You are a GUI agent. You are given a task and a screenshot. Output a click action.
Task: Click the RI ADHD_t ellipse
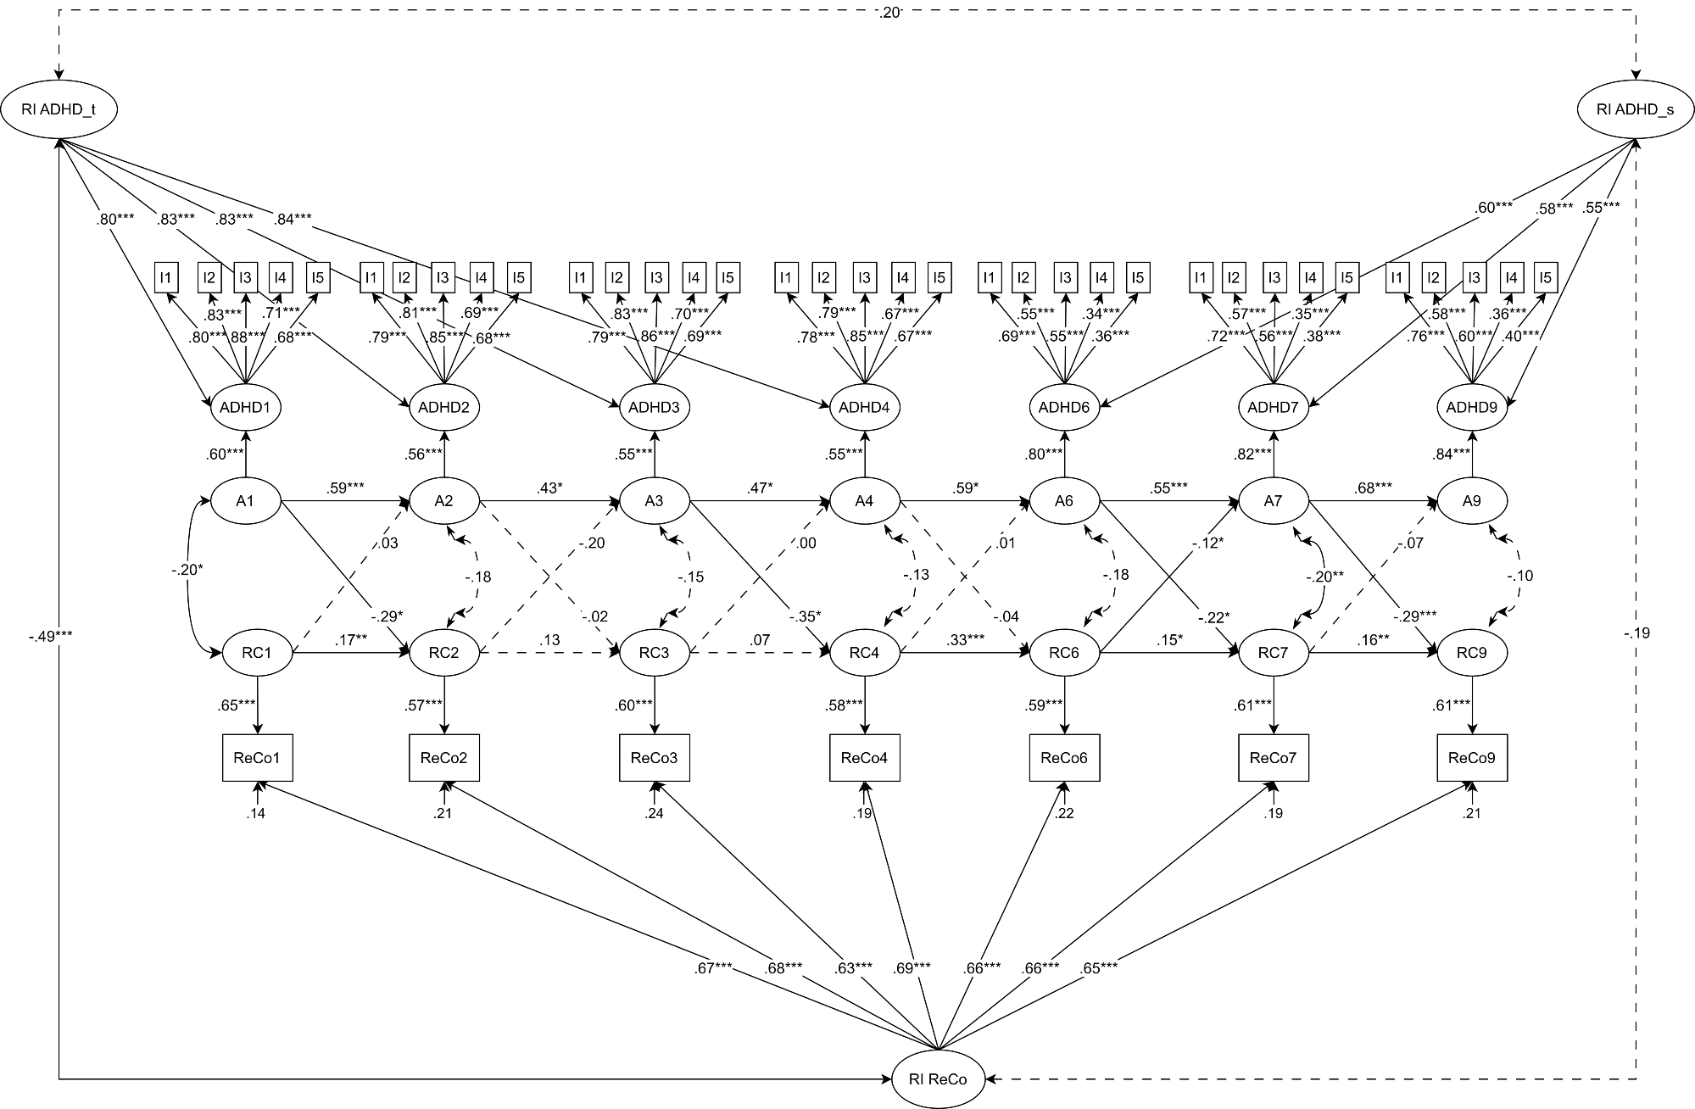[59, 109]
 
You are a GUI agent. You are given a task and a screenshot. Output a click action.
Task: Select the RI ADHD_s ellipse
[1635, 109]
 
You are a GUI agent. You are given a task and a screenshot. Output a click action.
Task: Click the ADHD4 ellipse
[864, 407]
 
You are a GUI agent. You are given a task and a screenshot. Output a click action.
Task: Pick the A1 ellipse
[245, 500]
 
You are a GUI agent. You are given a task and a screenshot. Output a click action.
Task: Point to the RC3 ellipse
[654, 653]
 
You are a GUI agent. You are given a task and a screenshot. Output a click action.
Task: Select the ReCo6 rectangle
[1064, 757]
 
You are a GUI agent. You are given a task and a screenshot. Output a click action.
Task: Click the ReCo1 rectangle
[258, 757]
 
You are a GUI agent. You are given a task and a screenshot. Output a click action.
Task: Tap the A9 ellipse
[1471, 500]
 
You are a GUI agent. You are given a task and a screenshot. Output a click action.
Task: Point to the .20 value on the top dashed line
[889, 12]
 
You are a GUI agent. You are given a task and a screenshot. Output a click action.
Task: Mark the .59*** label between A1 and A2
[344, 488]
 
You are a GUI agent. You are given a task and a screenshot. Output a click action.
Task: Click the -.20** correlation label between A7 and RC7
[1324, 576]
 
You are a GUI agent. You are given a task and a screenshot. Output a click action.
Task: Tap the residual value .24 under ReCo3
[654, 813]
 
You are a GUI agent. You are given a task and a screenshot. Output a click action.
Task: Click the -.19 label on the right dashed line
[1636, 633]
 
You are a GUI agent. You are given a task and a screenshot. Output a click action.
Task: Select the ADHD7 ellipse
[1273, 407]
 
